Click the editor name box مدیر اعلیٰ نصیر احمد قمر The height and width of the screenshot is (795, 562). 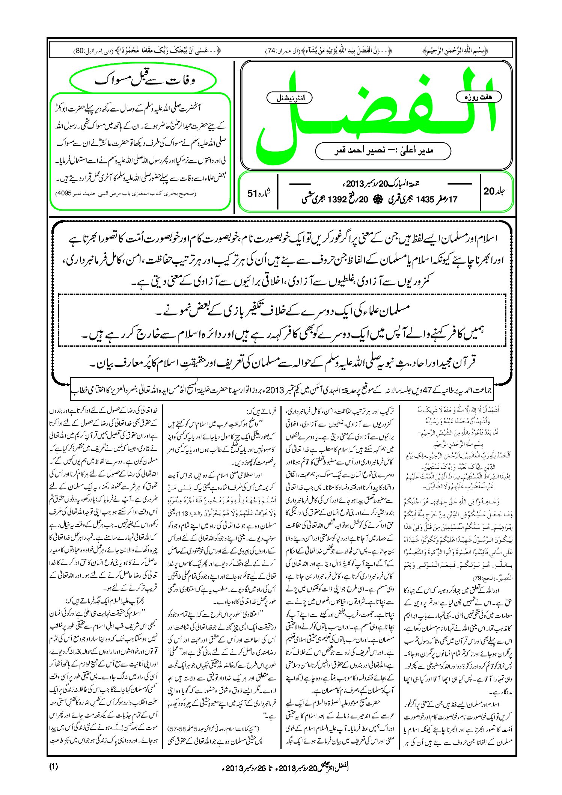[383, 151]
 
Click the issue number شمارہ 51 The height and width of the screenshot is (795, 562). [259, 193]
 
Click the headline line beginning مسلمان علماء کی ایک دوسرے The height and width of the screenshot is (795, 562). [282, 310]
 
